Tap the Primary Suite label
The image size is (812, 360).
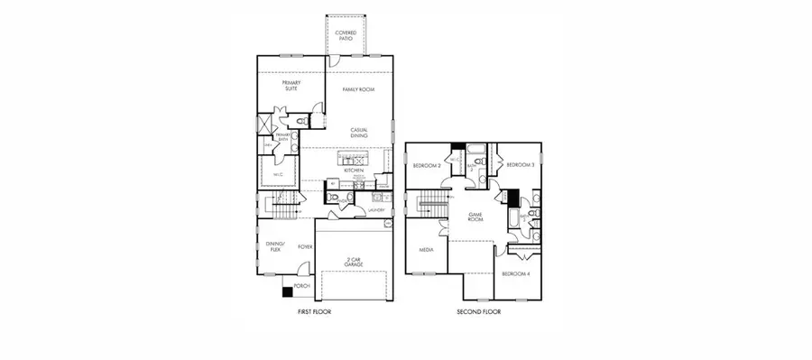point(291,86)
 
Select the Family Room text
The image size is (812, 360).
point(358,90)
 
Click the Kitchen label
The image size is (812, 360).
point(354,171)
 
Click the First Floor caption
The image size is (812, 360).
point(316,312)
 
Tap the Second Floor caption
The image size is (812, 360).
point(479,312)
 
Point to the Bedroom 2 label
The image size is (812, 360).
point(426,166)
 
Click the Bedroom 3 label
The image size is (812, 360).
point(520,165)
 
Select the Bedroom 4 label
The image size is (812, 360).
point(515,273)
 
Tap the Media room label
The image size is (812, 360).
point(427,251)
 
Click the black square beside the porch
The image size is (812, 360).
point(288,291)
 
